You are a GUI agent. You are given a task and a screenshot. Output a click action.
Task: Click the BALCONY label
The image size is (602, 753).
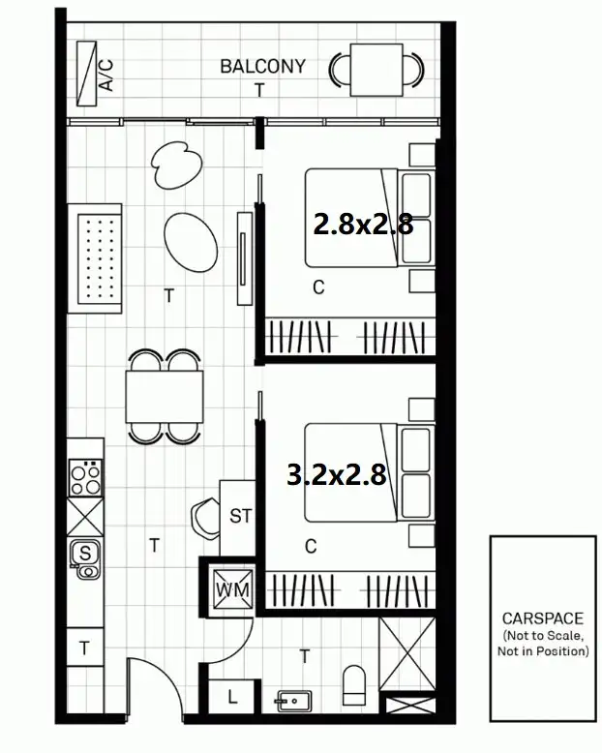(x=262, y=67)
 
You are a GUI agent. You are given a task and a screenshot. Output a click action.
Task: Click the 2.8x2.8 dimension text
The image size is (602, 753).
(x=363, y=225)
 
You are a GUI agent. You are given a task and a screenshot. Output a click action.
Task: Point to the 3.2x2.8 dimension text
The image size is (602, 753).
(x=337, y=474)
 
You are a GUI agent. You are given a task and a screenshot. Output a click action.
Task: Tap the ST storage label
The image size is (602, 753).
(x=240, y=516)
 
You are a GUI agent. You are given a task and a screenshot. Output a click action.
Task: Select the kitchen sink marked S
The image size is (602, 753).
(x=86, y=556)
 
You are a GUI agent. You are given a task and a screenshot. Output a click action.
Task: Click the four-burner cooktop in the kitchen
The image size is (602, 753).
(x=86, y=474)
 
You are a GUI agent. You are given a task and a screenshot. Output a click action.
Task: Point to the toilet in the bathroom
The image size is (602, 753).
(x=354, y=684)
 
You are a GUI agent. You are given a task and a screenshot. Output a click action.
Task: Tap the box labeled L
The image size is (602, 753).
(x=232, y=695)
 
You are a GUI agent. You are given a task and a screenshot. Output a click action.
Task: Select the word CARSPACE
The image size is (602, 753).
(x=542, y=617)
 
